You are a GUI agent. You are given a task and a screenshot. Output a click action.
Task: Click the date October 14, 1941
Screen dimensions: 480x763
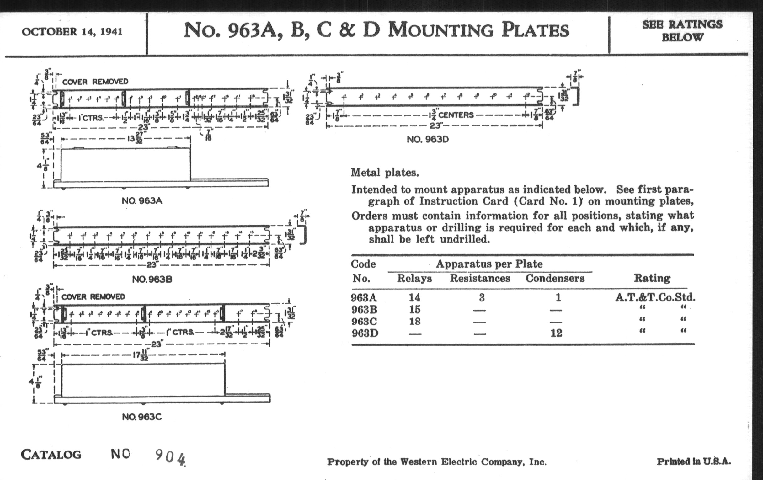point(72,32)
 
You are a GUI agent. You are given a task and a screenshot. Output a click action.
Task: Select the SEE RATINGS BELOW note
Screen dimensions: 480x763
point(682,31)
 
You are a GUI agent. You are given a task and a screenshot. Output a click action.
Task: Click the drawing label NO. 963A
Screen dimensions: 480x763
point(142,201)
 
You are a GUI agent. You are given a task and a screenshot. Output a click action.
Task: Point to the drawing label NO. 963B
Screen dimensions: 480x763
point(152,280)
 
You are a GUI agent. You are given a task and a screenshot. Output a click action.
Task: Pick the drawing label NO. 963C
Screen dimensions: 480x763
point(142,417)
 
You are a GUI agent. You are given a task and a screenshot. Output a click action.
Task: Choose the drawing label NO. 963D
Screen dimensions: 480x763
point(428,140)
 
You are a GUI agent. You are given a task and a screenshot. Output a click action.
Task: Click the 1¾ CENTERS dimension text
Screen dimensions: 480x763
point(451,115)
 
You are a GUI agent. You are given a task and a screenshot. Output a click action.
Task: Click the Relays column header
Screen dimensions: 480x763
point(414,279)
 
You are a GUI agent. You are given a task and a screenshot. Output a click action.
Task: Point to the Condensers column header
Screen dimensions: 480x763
point(555,279)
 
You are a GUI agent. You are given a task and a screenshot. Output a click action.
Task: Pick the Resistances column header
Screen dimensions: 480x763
point(480,279)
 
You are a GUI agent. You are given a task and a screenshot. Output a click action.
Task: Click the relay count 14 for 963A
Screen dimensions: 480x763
point(414,297)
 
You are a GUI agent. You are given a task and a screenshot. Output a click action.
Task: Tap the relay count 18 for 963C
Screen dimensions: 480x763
point(414,321)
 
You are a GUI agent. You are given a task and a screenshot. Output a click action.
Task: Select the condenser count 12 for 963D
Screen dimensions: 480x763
point(557,333)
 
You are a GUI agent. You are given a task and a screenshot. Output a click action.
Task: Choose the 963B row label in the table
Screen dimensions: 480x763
point(364,310)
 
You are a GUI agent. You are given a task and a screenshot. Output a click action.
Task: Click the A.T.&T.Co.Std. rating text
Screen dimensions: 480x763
point(655,297)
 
